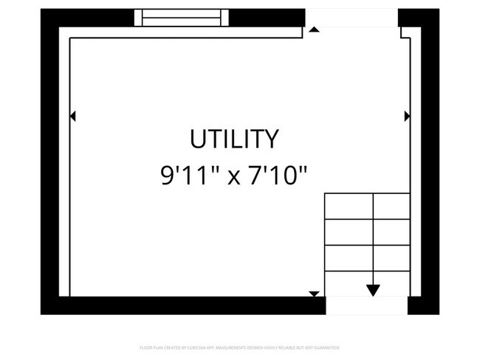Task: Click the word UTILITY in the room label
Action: click(x=235, y=139)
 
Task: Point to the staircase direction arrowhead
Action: click(x=373, y=289)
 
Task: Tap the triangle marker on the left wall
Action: click(x=72, y=116)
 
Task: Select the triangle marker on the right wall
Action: click(x=407, y=116)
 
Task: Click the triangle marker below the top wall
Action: click(x=314, y=30)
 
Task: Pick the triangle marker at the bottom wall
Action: click(x=314, y=294)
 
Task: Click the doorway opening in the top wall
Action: click(x=352, y=18)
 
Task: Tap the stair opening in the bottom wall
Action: click(x=366, y=305)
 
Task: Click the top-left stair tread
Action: click(x=349, y=207)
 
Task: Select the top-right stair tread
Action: click(x=391, y=207)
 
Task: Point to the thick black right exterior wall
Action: click(x=429, y=162)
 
